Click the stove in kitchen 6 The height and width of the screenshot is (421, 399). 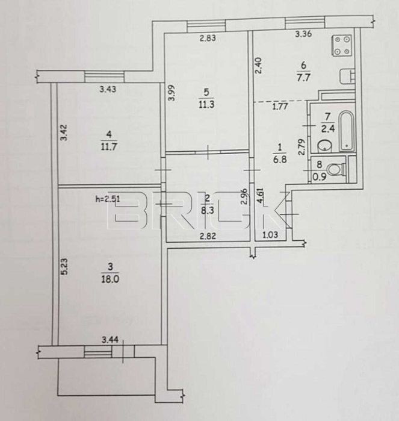(342, 46)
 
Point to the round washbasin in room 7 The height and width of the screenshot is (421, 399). (324, 146)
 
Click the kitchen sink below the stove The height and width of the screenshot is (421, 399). (347, 76)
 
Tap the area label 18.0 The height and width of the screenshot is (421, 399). (110, 279)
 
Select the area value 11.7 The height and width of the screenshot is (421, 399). (109, 147)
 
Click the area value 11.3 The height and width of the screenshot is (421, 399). (206, 104)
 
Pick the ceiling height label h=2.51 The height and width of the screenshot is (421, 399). (108, 199)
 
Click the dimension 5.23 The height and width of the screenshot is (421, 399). (64, 267)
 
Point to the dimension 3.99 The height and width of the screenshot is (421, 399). (172, 93)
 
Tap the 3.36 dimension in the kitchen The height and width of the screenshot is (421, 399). (303, 34)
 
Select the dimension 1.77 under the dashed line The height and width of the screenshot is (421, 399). (280, 107)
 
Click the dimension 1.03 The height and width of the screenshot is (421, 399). (270, 235)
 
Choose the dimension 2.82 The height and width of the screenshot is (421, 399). (208, 236)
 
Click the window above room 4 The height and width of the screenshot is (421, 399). (104, 76)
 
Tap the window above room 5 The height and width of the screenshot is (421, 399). (206, 27)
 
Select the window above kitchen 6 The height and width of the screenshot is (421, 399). (305, 22)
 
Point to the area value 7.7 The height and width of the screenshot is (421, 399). (303, 78)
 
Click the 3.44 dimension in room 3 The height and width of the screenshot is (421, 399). (110, 340)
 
